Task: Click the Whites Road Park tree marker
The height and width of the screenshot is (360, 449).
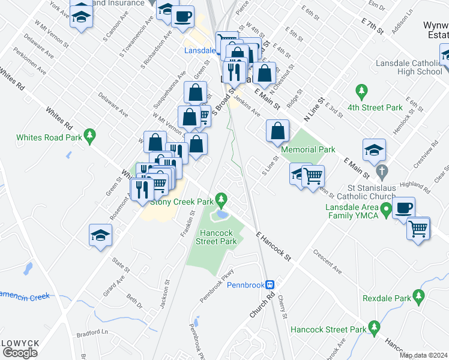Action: click(90, 136)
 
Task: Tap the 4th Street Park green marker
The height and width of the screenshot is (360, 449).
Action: click(361, 92)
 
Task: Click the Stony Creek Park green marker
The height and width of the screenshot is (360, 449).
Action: click(221, 198)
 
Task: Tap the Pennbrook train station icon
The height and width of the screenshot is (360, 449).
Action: click(271, 284)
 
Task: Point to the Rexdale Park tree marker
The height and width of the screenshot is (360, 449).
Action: click(419, 296)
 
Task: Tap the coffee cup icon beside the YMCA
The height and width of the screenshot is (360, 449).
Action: click(403, 208)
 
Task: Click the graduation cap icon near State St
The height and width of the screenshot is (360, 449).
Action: click(100, 235)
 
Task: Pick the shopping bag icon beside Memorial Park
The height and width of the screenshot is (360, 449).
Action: click(277, 131)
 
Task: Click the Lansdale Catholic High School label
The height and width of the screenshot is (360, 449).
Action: click(409, 67)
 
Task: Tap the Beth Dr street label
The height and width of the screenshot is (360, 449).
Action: click(134, 300)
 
